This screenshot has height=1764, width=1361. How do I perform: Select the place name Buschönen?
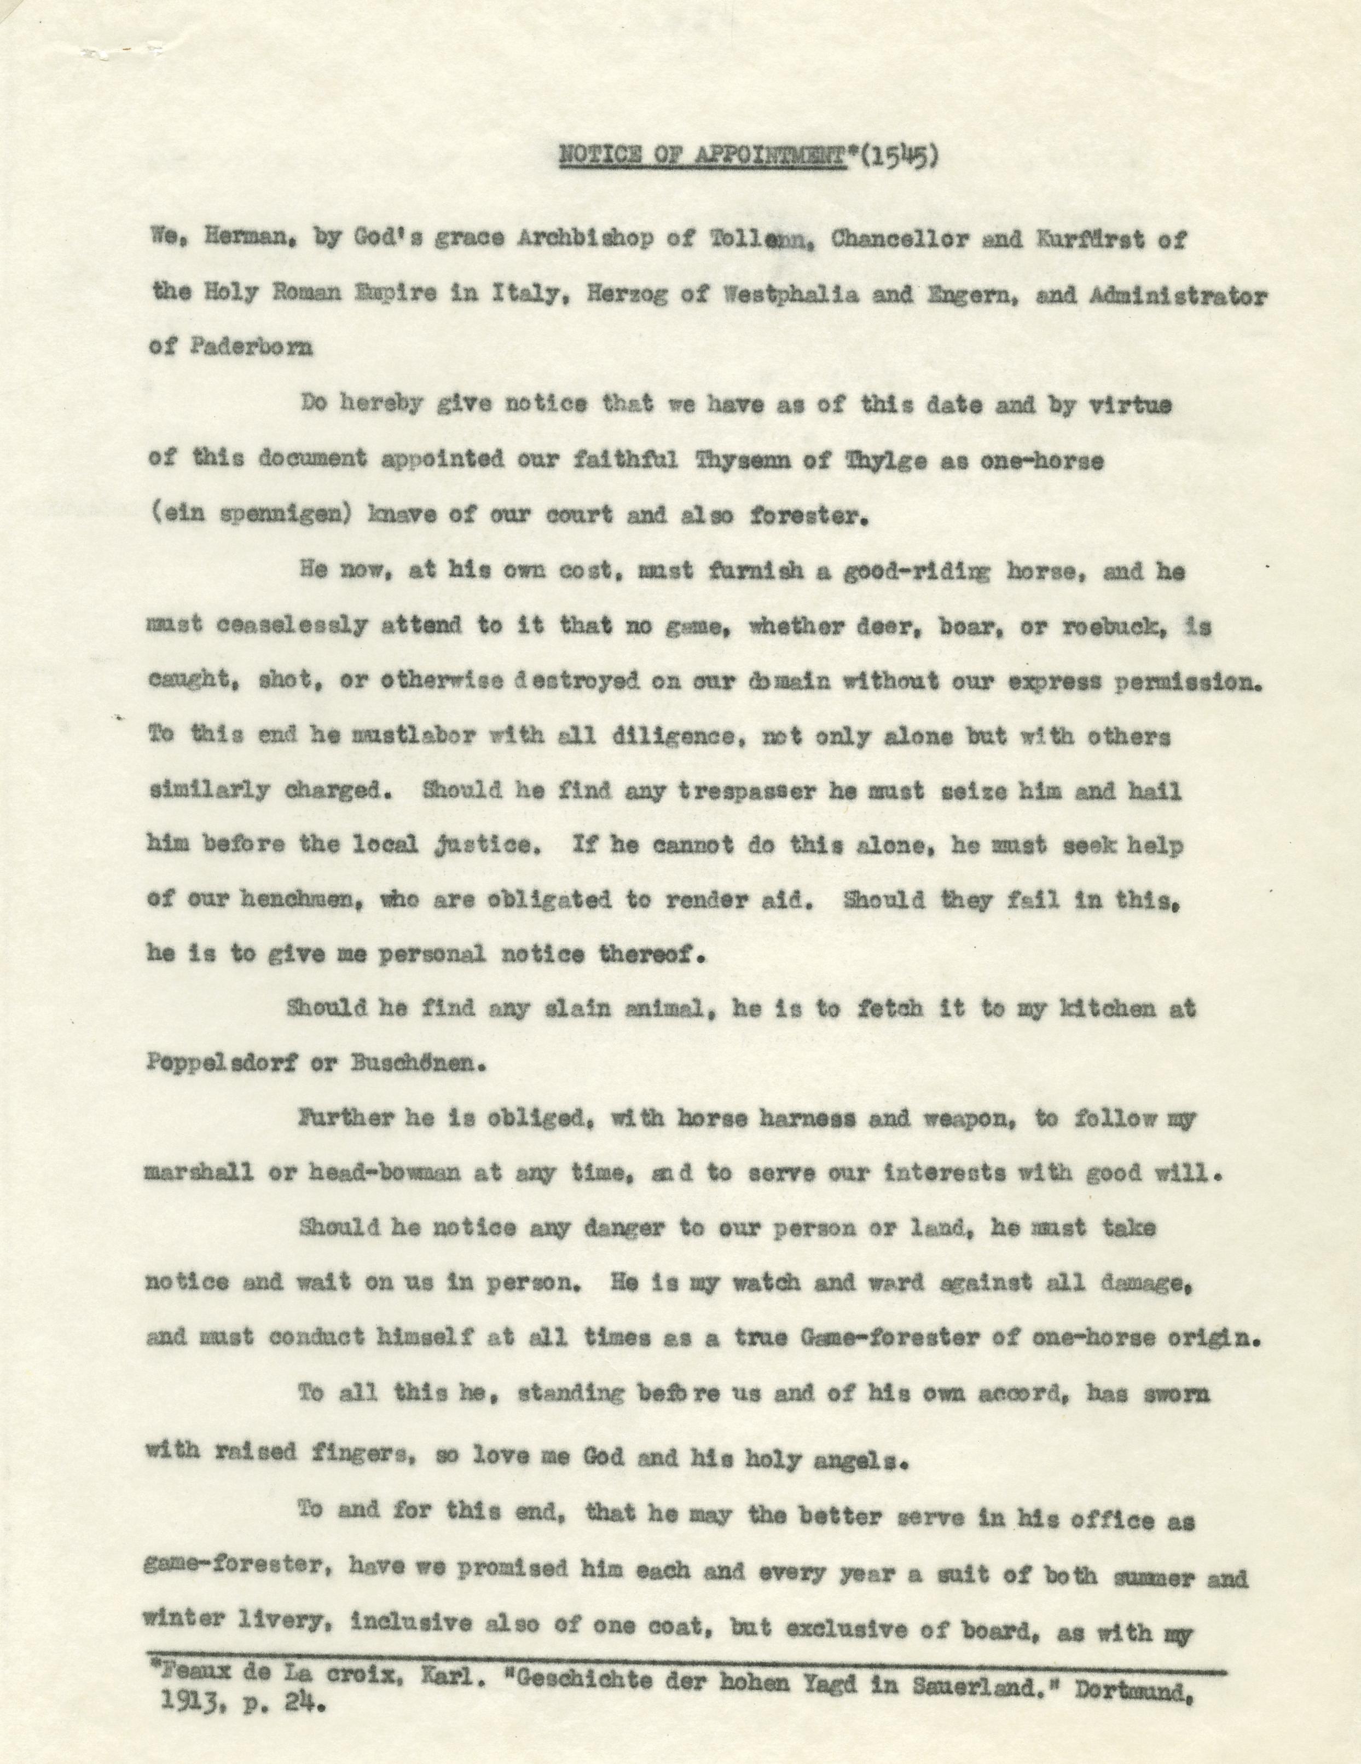tap(416, 1062)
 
